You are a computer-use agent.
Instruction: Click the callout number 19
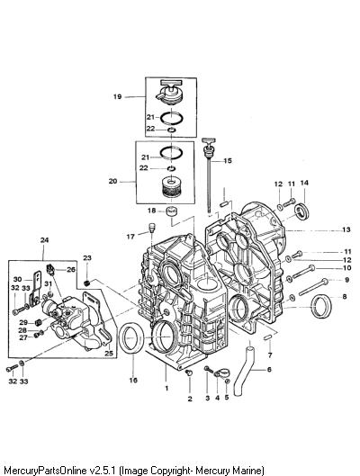pos(118,97)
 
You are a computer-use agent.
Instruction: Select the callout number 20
pos(112,182)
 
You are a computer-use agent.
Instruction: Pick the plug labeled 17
pos(152,228)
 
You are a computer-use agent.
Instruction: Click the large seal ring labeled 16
pos(131,337)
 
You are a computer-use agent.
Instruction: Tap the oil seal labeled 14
pos(302,212)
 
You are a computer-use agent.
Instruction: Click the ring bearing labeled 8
pos(321,307)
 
